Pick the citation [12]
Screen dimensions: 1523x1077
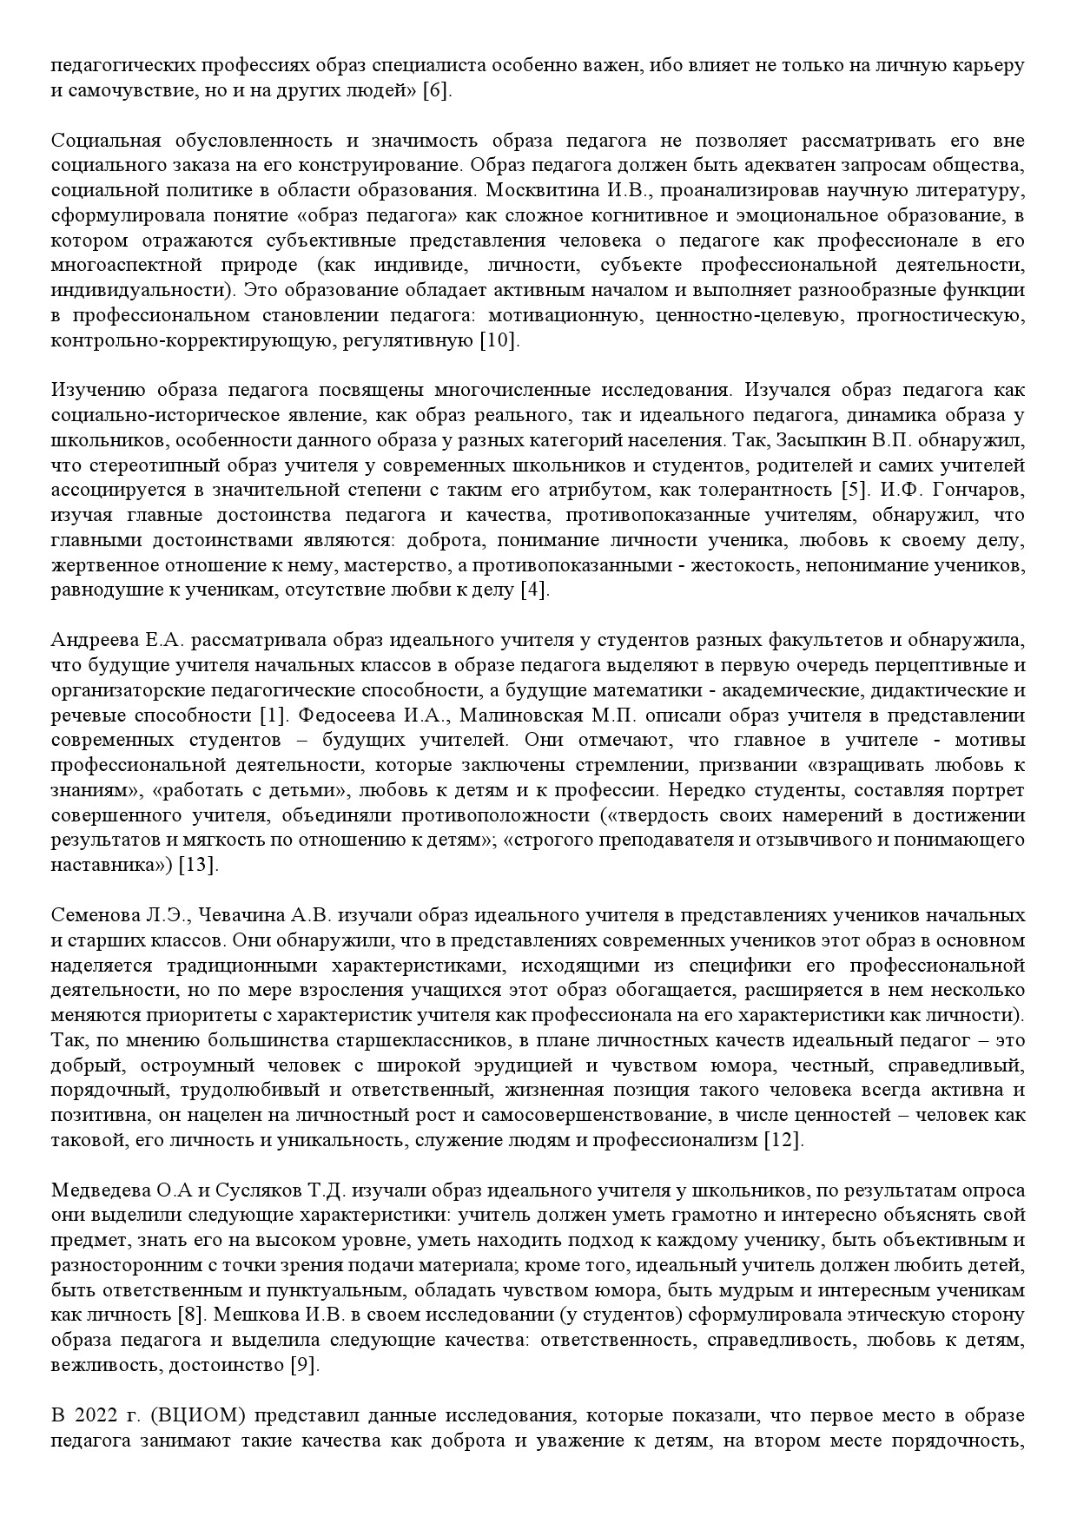[x=783, y=1140]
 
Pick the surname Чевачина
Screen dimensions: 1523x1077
[x=248, y=915]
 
